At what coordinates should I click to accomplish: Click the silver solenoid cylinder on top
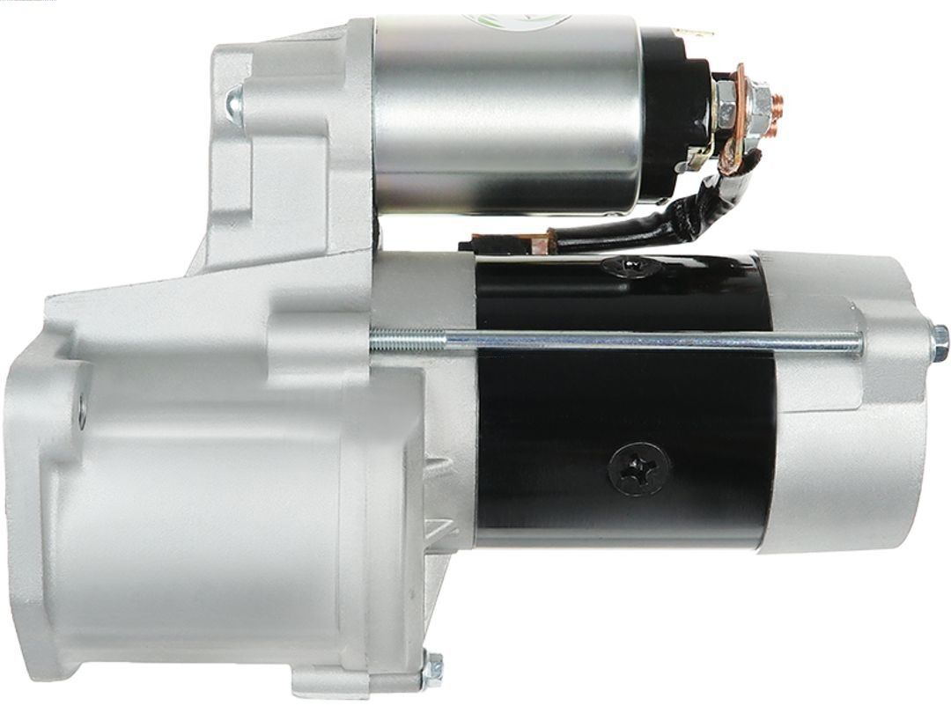tap(506, 114)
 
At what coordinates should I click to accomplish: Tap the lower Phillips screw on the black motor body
tap(638, 469)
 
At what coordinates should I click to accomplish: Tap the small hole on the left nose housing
tap(82, 410)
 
